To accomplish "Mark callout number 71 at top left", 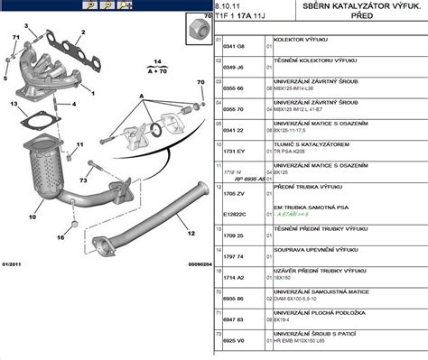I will [15, 35].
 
